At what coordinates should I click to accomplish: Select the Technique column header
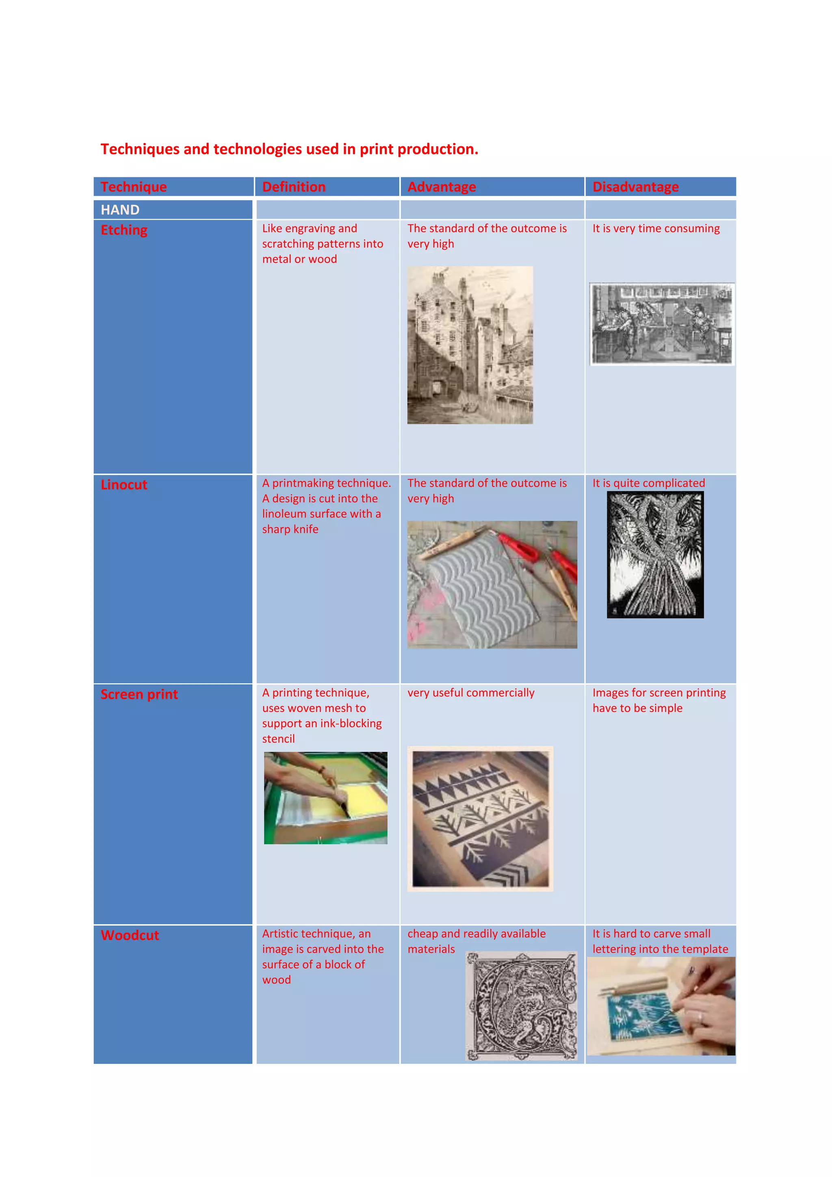point(134,187)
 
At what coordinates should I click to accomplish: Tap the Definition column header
point(294,187)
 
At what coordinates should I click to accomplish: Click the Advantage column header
point(442,187)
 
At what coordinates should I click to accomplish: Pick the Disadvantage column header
point(635,187)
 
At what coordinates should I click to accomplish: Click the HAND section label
point(120,210)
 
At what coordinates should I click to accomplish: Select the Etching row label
point(124,230)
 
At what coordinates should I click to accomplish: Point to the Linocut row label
point(124,485)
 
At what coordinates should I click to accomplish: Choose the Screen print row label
point(139,695)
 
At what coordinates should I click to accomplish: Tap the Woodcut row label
point(130,936)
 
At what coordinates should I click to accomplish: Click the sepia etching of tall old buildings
point(470,345)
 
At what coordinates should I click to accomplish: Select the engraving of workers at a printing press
point(661,324)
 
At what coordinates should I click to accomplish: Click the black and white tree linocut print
point(655,555)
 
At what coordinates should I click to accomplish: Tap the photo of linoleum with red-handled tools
point(492,584)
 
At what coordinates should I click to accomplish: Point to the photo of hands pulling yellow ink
point(325,798)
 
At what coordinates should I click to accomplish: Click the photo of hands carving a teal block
point(661,1006)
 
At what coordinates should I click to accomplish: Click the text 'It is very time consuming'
point(656,229)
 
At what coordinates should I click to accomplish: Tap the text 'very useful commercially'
point(470,693)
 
